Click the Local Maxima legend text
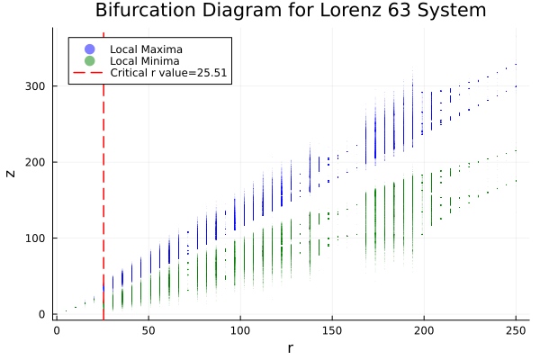click(x=145, y=48)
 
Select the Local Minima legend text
click(x=144, y=60)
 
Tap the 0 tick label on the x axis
click(x=57, y=330)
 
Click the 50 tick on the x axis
click(x=148, y=330)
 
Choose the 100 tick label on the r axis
click(x=240, y=330)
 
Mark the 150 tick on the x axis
click(x=332, y=330)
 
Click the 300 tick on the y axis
click(x=36, y=85)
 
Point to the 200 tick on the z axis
click(x=36, y=162)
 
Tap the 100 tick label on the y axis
click(x=36, y=238)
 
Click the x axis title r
click(x=290, y=347)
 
